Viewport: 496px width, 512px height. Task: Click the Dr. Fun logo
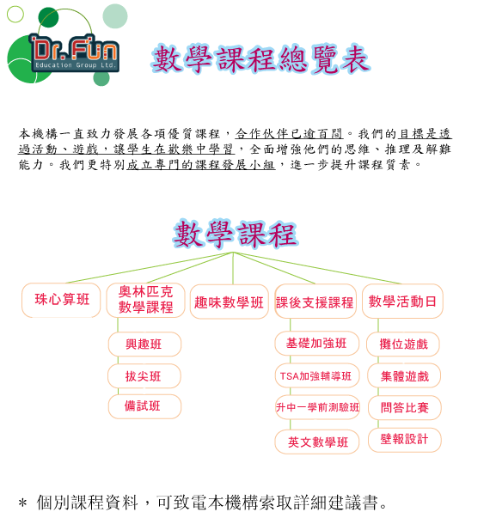coord(67,46)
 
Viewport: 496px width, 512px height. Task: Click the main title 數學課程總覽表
coord(260,58)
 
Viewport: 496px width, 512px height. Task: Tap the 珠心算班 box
coord(61,300)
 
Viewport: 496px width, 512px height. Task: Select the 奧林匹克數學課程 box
coord(145,300)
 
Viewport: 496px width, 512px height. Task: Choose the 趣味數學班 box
coord(229,302)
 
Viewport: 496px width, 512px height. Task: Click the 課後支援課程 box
coord(315,302)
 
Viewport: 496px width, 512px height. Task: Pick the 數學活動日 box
coord(402,301)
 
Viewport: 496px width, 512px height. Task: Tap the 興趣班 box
coord(144,344)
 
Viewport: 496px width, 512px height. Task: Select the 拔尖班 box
coord(144,376)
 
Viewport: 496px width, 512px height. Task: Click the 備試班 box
coord(144,406)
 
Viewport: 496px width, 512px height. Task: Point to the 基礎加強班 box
coord(316,344)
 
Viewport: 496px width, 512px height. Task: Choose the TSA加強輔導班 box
coord(317,375)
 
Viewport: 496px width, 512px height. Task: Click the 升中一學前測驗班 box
coord(317,407)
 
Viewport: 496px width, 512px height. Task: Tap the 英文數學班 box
coord(317,442)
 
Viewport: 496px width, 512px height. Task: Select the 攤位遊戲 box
coord(403,344)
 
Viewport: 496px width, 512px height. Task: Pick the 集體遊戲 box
coord(404,375)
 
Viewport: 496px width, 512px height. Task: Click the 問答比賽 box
coord(405,407)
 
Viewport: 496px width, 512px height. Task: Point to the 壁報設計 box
coord(405,440)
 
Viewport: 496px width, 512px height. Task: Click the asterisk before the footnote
coord(23,503)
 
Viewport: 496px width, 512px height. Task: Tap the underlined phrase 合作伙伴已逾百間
coord(289,134)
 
